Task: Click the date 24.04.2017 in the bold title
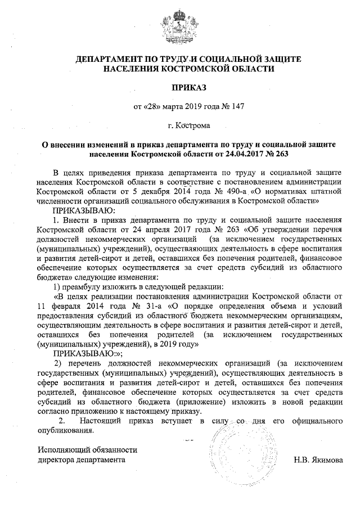(241, 152)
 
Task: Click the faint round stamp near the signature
(236, 444)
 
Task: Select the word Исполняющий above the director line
(63, 449)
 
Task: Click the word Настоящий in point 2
(100, 421)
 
